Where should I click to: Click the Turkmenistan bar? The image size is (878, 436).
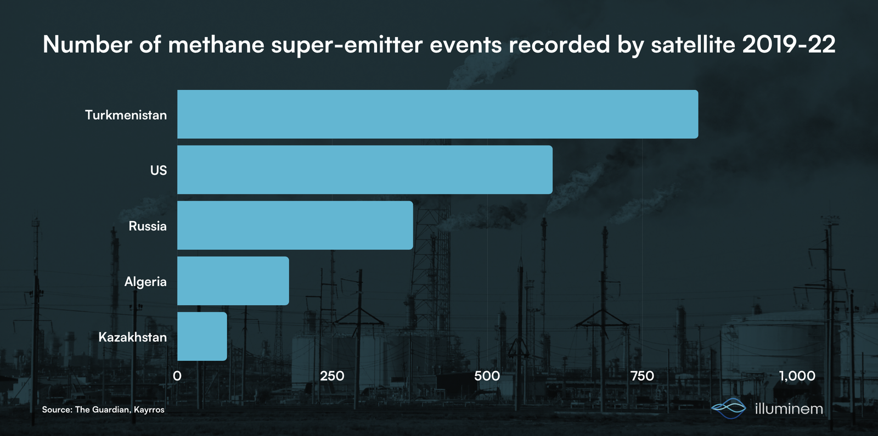[x=437, y=114]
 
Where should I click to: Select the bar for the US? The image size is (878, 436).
[x=365, y=170]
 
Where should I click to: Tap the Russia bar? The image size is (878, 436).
[x=295, y=226]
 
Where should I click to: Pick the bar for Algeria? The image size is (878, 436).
[x=233, y=281]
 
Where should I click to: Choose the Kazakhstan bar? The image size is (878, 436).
[x=202, y=337]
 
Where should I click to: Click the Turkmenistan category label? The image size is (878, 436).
[x=126, y=115]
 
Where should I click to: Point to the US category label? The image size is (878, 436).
[x=159, y=170]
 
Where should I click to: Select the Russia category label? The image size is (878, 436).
[x=148, y=226]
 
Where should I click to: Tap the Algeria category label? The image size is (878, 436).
[x=145, y=282]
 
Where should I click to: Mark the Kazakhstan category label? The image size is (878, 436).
[x=132, y=337]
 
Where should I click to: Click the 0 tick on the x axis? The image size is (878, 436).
[x=177, y=376]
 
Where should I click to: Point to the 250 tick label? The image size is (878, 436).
[x=332, y=376]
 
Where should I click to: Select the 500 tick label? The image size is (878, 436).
[x=487, y=376]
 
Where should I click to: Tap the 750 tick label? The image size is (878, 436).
[x=642, y=376]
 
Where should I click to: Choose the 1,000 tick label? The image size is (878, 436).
[x=797, y=376]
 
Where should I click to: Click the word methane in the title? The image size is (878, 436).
[x=216, y=44]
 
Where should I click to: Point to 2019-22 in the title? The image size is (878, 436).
[x=789, y=44]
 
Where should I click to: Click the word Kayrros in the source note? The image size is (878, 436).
[x=149, y=410]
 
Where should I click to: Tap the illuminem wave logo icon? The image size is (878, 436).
[x=729, y=408]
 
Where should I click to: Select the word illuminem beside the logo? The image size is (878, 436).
[x=789, y=409]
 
